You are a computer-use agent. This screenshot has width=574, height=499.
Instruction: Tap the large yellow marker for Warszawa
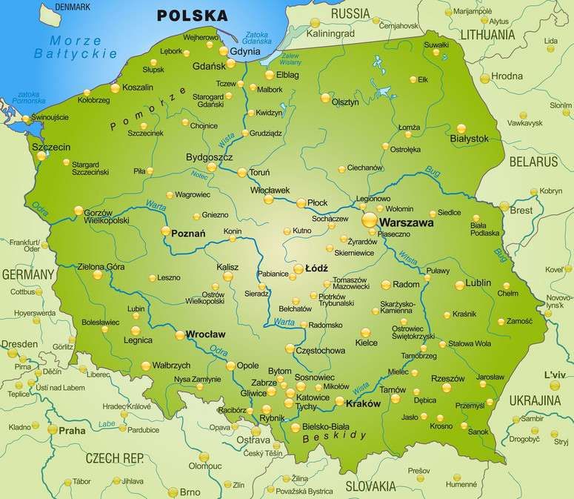[x=368, y=220]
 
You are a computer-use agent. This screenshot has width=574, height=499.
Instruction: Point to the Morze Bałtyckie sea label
[x=76, y=46]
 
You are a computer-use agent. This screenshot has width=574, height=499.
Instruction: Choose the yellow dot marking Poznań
[x=166, y=231]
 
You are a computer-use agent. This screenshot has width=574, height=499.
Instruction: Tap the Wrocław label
[x=206, y=334]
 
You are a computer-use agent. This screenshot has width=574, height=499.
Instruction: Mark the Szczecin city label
[x=51, y=147]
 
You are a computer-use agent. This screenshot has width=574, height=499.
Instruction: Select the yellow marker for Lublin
[x=460, y=285]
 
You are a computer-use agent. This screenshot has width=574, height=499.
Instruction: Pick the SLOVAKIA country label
[x=376, y=486]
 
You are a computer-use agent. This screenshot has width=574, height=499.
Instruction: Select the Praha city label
[x=72, y=430]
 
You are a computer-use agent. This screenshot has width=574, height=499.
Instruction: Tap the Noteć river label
[x=199, y=176]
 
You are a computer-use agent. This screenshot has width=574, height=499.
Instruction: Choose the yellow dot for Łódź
[x=299, y=268]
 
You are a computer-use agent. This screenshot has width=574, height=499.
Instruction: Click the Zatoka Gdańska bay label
[x=256, y=36]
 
